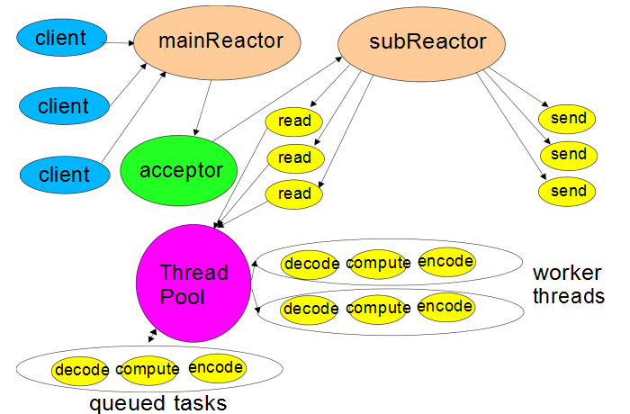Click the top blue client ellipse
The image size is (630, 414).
point(61,38)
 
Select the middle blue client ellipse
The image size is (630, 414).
point(64,105)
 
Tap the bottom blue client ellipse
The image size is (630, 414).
point(65,175)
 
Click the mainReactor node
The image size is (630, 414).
point(217,42)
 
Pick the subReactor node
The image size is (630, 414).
point(421,44)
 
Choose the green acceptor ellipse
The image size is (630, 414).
point(179,170)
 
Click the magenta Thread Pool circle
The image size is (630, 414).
point(193,283)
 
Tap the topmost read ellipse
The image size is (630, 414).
point(293,121)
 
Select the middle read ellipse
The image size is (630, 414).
point(296,157)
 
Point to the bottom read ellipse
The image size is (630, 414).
point(293,194)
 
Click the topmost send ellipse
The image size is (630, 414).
point(567,119)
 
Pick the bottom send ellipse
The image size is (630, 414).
point(567,192)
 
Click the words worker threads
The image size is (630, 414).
point(569,284)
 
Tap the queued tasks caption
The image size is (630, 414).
point(157,403)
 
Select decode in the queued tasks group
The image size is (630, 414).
point(80,370)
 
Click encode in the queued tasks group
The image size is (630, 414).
point(218,368)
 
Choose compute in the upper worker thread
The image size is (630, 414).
point(378,264)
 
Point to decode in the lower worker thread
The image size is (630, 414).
point(310,309)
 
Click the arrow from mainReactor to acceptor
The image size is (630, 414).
point(202,108)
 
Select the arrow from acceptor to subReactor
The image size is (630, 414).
point(277,99)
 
